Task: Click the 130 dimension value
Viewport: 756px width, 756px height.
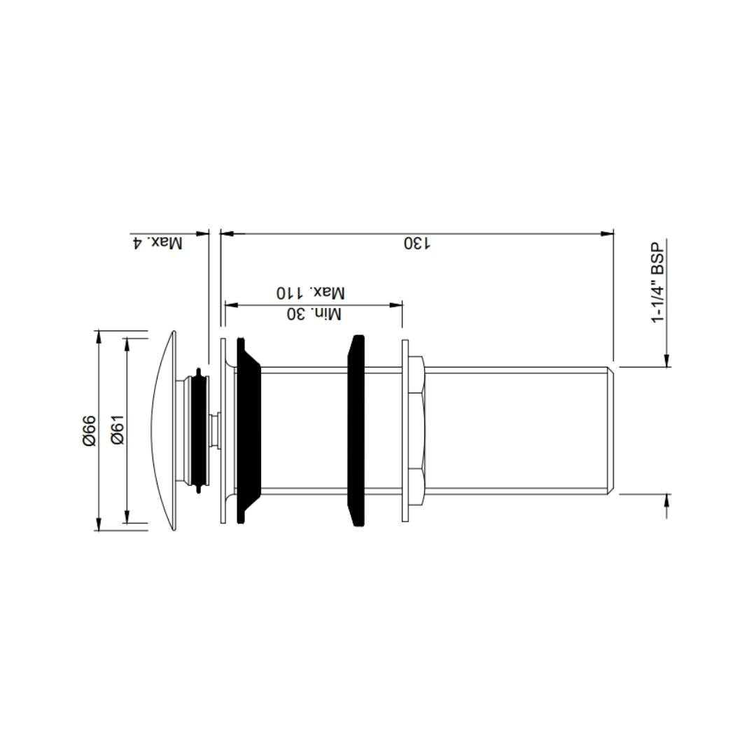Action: pos(416,244)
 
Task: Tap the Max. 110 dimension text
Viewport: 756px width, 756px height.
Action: pos(310,293)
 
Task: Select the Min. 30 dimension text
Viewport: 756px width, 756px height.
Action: pos(314,314)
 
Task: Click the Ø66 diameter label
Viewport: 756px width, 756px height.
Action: pos(89,430)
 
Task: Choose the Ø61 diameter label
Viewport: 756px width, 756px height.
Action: pos(117,430)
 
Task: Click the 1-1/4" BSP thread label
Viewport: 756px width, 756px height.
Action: pos(658,283)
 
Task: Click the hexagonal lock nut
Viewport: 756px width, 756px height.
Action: pos(416,430)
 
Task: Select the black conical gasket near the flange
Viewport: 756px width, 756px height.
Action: pos(248,430)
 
